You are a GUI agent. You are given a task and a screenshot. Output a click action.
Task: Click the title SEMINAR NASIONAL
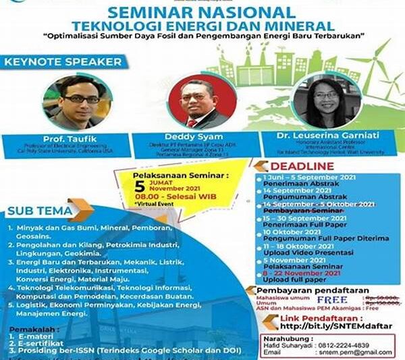[x=200, y=12]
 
